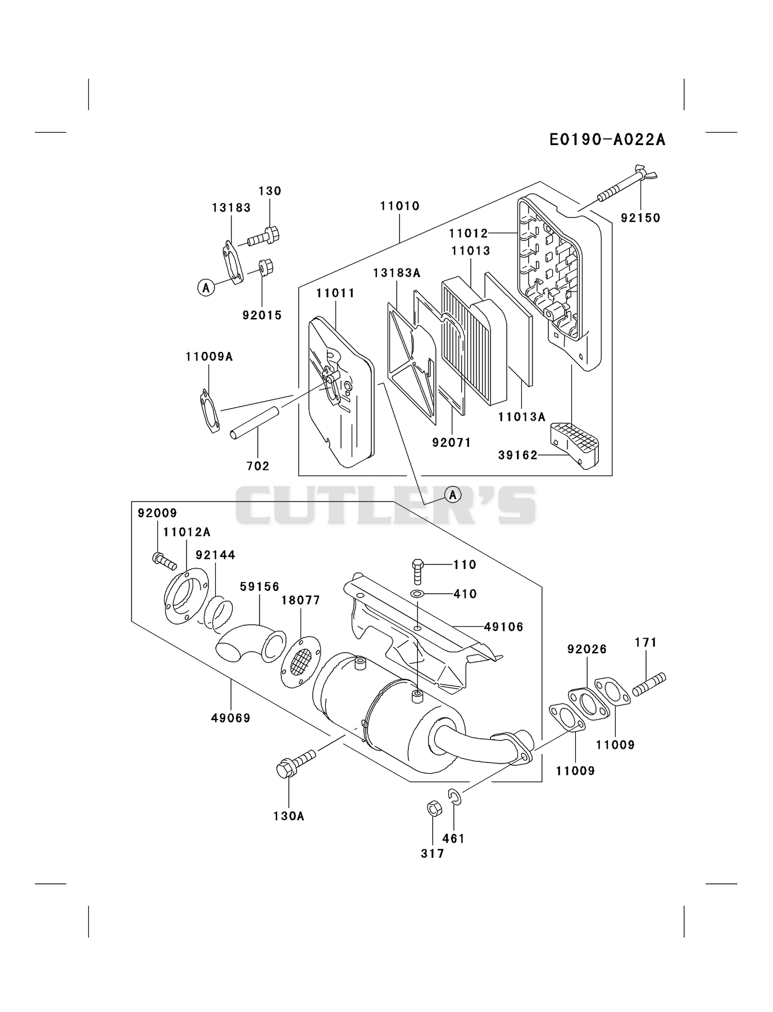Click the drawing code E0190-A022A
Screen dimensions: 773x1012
(x=607, y=139)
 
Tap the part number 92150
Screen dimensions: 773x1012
(x=640, y=218)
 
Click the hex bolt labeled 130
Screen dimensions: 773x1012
(x=263, y=237)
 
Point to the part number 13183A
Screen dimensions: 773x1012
(x=397, y=273)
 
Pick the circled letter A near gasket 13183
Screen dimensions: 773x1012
(x=206, y=288)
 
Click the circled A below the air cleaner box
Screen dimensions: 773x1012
(x=453, y=495)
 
